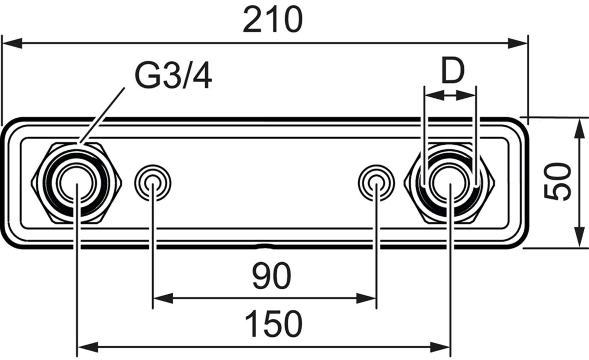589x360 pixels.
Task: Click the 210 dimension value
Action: point(273,19)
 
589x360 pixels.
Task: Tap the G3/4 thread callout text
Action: point(173,77)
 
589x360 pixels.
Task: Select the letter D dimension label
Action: point(453,71)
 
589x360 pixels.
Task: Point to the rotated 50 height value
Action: point(557,182)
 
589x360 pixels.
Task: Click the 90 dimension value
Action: point(272,276)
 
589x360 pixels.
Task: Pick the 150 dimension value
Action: point(273,324)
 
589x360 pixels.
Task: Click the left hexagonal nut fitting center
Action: point(76,183)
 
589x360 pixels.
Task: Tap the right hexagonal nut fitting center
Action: point(450,183)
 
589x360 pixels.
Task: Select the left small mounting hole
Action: point(153,183)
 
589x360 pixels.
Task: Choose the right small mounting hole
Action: point(376,183)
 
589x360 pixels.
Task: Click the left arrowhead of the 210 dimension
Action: point(12,43)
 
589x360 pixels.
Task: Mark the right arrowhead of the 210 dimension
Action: point(518,43)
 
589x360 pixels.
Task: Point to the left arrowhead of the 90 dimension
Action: point(163,298)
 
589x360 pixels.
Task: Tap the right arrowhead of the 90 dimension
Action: point(366,298)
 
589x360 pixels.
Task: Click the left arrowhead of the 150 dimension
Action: point(88,347)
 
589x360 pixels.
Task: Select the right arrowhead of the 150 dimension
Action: point(440,347)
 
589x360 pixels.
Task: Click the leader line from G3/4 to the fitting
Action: point(102,115)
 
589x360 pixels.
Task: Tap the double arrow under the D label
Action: point(450,95)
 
